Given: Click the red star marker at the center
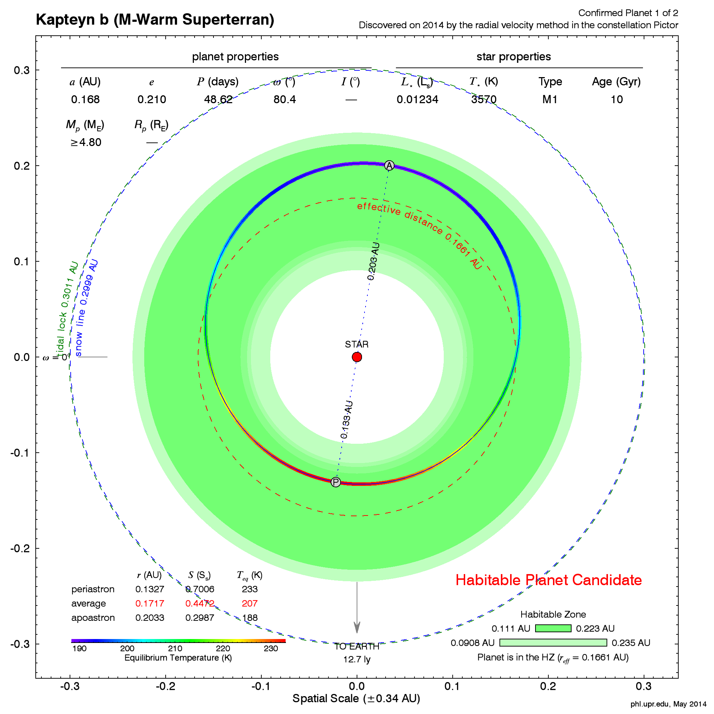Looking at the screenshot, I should tap(357, 357).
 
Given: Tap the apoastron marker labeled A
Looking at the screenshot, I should tap(389, 166).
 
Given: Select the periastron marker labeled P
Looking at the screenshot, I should tap(336, 482).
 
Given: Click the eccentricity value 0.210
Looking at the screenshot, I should tap(151, 99).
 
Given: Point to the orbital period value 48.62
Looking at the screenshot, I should tap(218, 99).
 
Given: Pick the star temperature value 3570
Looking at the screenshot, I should tap(484, 99).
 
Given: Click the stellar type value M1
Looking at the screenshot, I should tap(550, 99).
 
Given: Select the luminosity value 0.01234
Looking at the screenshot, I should tap(417, 99).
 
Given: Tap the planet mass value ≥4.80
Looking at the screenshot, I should tap(86, 142).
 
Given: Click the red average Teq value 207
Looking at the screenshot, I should tap(250, 603).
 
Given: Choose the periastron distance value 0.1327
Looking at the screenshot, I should tap(150, 589).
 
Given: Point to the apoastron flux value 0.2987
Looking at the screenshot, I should tap(200, 618).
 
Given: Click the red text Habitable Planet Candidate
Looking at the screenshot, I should tap(548, 580).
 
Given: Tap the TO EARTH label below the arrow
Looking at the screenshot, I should tap(357, 647).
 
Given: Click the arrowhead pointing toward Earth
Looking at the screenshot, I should tap(357, 627).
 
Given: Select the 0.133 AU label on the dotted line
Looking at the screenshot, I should tap(347, 420).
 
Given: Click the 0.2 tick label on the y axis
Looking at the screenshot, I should tap(21, 166).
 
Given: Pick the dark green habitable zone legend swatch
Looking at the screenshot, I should tap(553, 628).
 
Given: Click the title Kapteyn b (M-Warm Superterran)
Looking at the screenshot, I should tap(155, 20).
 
